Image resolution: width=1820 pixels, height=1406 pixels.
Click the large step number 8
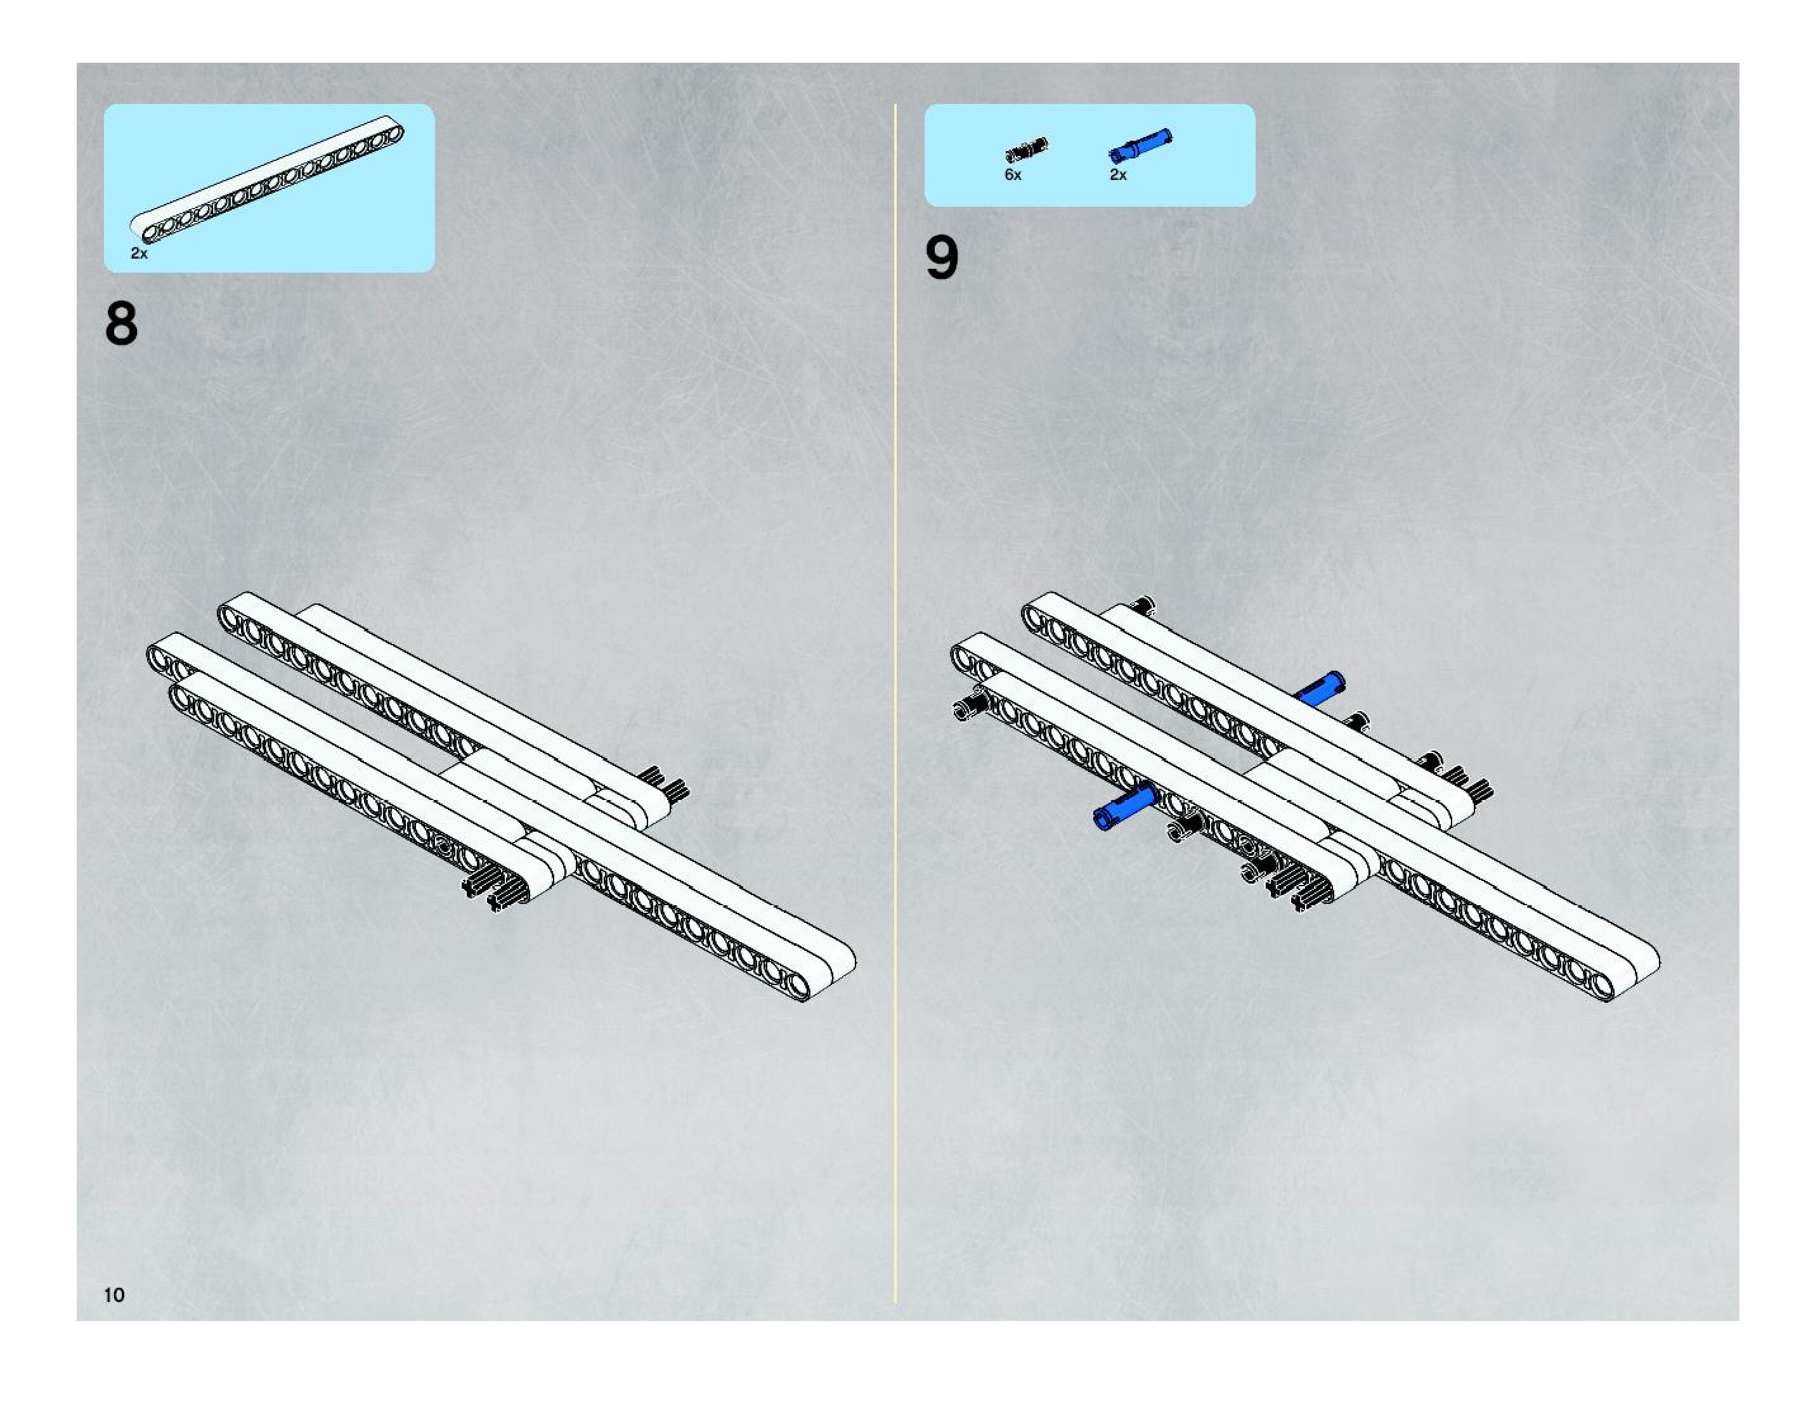pos(121,323)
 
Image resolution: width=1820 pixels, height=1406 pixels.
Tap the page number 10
pos(114,1294)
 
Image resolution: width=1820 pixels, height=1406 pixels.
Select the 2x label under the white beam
pos(139,253)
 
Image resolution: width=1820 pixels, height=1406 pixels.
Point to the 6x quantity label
pos(1013,175)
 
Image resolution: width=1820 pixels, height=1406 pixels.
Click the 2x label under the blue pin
pos(1117,175)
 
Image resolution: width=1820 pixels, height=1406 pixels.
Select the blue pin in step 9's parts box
pos(1140,145)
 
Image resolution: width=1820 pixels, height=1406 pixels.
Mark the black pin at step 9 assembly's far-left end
pos(969,708)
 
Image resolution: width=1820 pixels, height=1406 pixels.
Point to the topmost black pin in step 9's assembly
pos(1143,605)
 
